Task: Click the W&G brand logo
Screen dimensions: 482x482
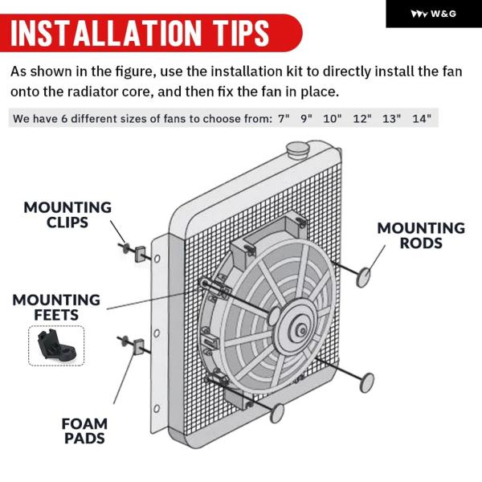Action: click(x=434, y=14)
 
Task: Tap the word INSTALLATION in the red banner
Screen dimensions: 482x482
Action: click(x=106, y=33)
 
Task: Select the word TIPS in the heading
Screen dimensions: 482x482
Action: click(x=242, y=33)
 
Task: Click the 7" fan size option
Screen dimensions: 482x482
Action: click(x=284, y=118)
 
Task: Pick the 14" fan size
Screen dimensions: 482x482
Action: click(x=422, y=118)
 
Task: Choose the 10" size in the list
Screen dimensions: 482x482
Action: click(x=333, y=118)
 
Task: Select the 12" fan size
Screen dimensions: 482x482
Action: click(x=362, y=118)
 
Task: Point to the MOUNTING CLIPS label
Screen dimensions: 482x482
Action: click(x=67, y=214)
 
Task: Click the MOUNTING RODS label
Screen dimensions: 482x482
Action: click(x=421, y=235)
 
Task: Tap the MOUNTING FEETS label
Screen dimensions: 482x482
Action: click(x=56, y=307)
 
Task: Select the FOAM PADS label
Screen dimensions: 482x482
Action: click(x=84, y=431)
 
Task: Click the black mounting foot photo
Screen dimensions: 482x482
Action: click(x=56, y=345)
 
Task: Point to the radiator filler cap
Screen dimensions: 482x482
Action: click(x=297, y=150)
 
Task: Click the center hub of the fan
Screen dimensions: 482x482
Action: click(x=302, y=331)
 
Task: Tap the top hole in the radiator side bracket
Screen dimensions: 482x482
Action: click(x=157, y=259)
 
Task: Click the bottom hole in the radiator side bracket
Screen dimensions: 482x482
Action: click(x=157, y=408)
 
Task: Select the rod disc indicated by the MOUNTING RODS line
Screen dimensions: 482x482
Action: click(x=363, y=277)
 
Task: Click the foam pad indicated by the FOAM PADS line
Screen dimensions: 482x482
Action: click(x=139, y=347)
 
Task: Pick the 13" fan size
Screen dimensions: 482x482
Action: click(x=392, y=118)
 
